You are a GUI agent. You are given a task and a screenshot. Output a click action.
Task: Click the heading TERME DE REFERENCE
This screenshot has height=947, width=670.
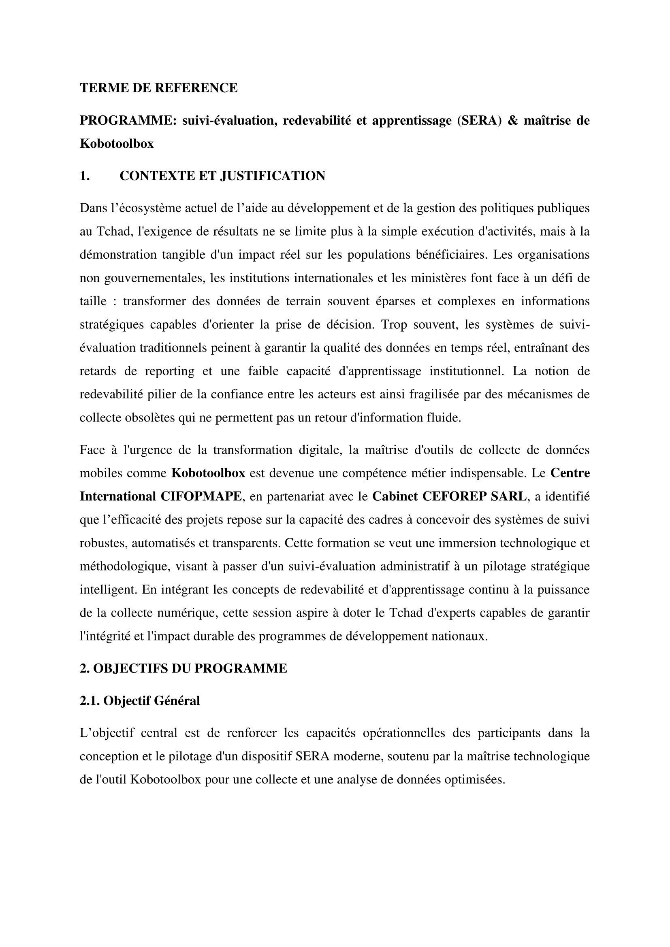[158, 88]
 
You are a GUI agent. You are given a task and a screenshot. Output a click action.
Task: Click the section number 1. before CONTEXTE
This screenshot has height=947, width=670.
[85, 176]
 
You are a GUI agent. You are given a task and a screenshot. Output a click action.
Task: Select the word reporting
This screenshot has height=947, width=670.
[169, 371]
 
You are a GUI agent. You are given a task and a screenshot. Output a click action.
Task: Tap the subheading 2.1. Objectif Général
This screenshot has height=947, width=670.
[139, 701]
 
